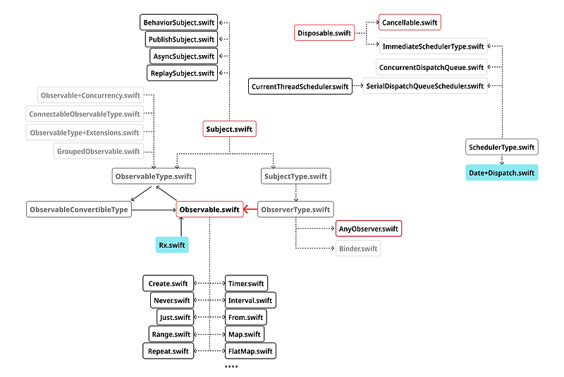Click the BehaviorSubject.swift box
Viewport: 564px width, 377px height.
coord(179,23)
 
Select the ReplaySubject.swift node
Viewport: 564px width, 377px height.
coord(182,73)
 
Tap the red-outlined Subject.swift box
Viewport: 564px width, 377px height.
coord(228,129)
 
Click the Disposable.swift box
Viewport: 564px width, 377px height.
coord(324,32)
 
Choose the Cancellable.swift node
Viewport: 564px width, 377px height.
coord(410,23)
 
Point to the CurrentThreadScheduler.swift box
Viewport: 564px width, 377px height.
coord(300,87)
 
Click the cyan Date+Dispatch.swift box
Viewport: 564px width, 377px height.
coord(501,173)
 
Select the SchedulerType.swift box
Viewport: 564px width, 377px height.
coord(502,148)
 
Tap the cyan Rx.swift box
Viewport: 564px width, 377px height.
coord(172,245)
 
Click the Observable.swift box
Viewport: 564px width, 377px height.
coord(209,210)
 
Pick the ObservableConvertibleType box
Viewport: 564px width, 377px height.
coord(79,210)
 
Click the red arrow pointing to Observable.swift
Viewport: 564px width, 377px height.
coord(250,210)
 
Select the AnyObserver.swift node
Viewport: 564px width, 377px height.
coord(369,229)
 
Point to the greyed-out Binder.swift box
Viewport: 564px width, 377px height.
coord(358,249)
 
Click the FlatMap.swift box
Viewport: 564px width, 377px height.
coord(250,351)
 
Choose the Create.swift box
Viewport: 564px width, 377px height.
coord(168,284)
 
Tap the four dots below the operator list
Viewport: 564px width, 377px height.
coord(231,367)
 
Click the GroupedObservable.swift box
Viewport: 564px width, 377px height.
coord(99,150)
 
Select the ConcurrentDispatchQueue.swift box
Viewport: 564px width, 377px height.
coord(431,68)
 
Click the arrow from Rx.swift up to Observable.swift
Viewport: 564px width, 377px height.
coord(181,228)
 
